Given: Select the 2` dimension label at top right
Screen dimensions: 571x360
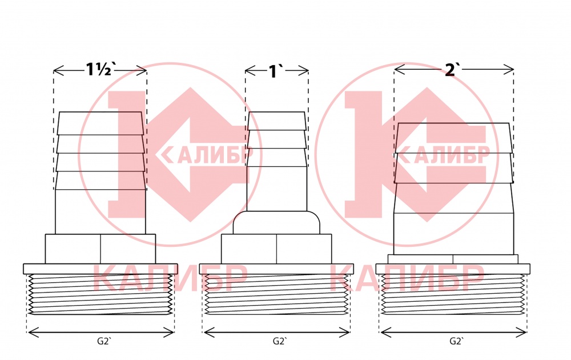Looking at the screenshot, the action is [451, 70].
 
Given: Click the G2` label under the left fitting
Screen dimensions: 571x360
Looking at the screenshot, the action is [104, 341].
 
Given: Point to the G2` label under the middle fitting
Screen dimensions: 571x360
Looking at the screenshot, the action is [280, 341].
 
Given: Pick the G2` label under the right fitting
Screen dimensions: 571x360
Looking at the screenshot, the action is [457, 341].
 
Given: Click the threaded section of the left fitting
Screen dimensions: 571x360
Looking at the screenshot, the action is [100, 294].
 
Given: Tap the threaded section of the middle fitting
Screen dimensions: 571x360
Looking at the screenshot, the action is [276, 294].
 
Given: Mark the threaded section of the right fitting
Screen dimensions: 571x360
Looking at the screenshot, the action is [453, 294].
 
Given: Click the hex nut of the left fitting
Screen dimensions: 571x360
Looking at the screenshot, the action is [100, 249].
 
